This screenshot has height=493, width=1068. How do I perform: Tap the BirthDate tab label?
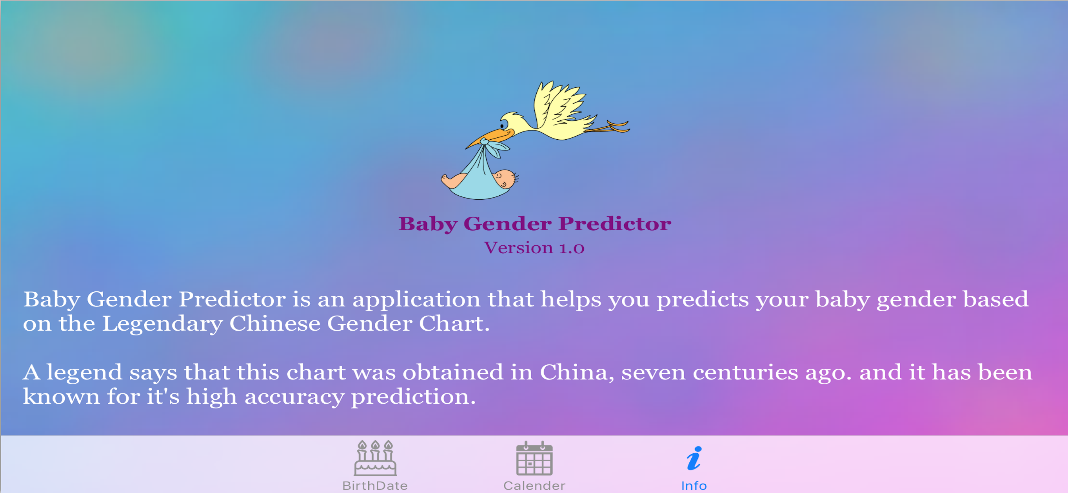pyautogui.click(x=375, y=485)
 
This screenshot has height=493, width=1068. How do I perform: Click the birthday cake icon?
pyautogui.click(x=375, y=458)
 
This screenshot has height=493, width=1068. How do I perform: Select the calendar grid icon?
pyautogui.click(x=534, y=458)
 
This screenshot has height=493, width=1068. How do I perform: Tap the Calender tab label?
pyautogui.click(x=534, y=485)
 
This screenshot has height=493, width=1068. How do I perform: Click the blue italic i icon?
pyautogui.click(x=695, y=458)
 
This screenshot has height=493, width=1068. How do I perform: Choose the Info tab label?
pyautogui.click(x=694, y=485)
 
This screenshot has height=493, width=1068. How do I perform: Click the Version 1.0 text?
pyautogui.click(x=534, y=248)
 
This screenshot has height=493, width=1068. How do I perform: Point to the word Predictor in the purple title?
pyautogui.click(x=614, y=224)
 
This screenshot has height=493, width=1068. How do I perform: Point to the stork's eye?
pyautogui.click(x=503, y=125)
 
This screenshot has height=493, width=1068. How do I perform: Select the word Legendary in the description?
pyautogui.click(x=162, y=324)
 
